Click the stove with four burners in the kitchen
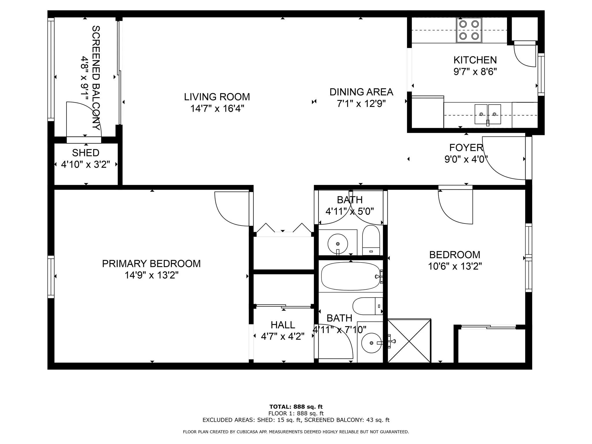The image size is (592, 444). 469,30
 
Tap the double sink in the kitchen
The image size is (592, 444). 488,114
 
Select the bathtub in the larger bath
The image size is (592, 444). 351,276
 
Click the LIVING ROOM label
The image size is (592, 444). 217,97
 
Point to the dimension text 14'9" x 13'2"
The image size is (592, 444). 151,275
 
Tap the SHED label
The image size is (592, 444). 86,153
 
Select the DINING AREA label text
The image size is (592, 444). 361,92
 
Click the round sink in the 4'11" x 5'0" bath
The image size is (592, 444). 338,244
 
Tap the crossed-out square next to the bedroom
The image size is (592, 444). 409,341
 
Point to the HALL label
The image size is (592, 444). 283,325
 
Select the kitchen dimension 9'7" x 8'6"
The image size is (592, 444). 475,71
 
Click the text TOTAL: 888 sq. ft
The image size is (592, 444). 296,407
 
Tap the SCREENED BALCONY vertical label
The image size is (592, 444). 96,78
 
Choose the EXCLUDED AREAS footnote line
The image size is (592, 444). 296,420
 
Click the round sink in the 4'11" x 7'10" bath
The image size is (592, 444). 371,343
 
